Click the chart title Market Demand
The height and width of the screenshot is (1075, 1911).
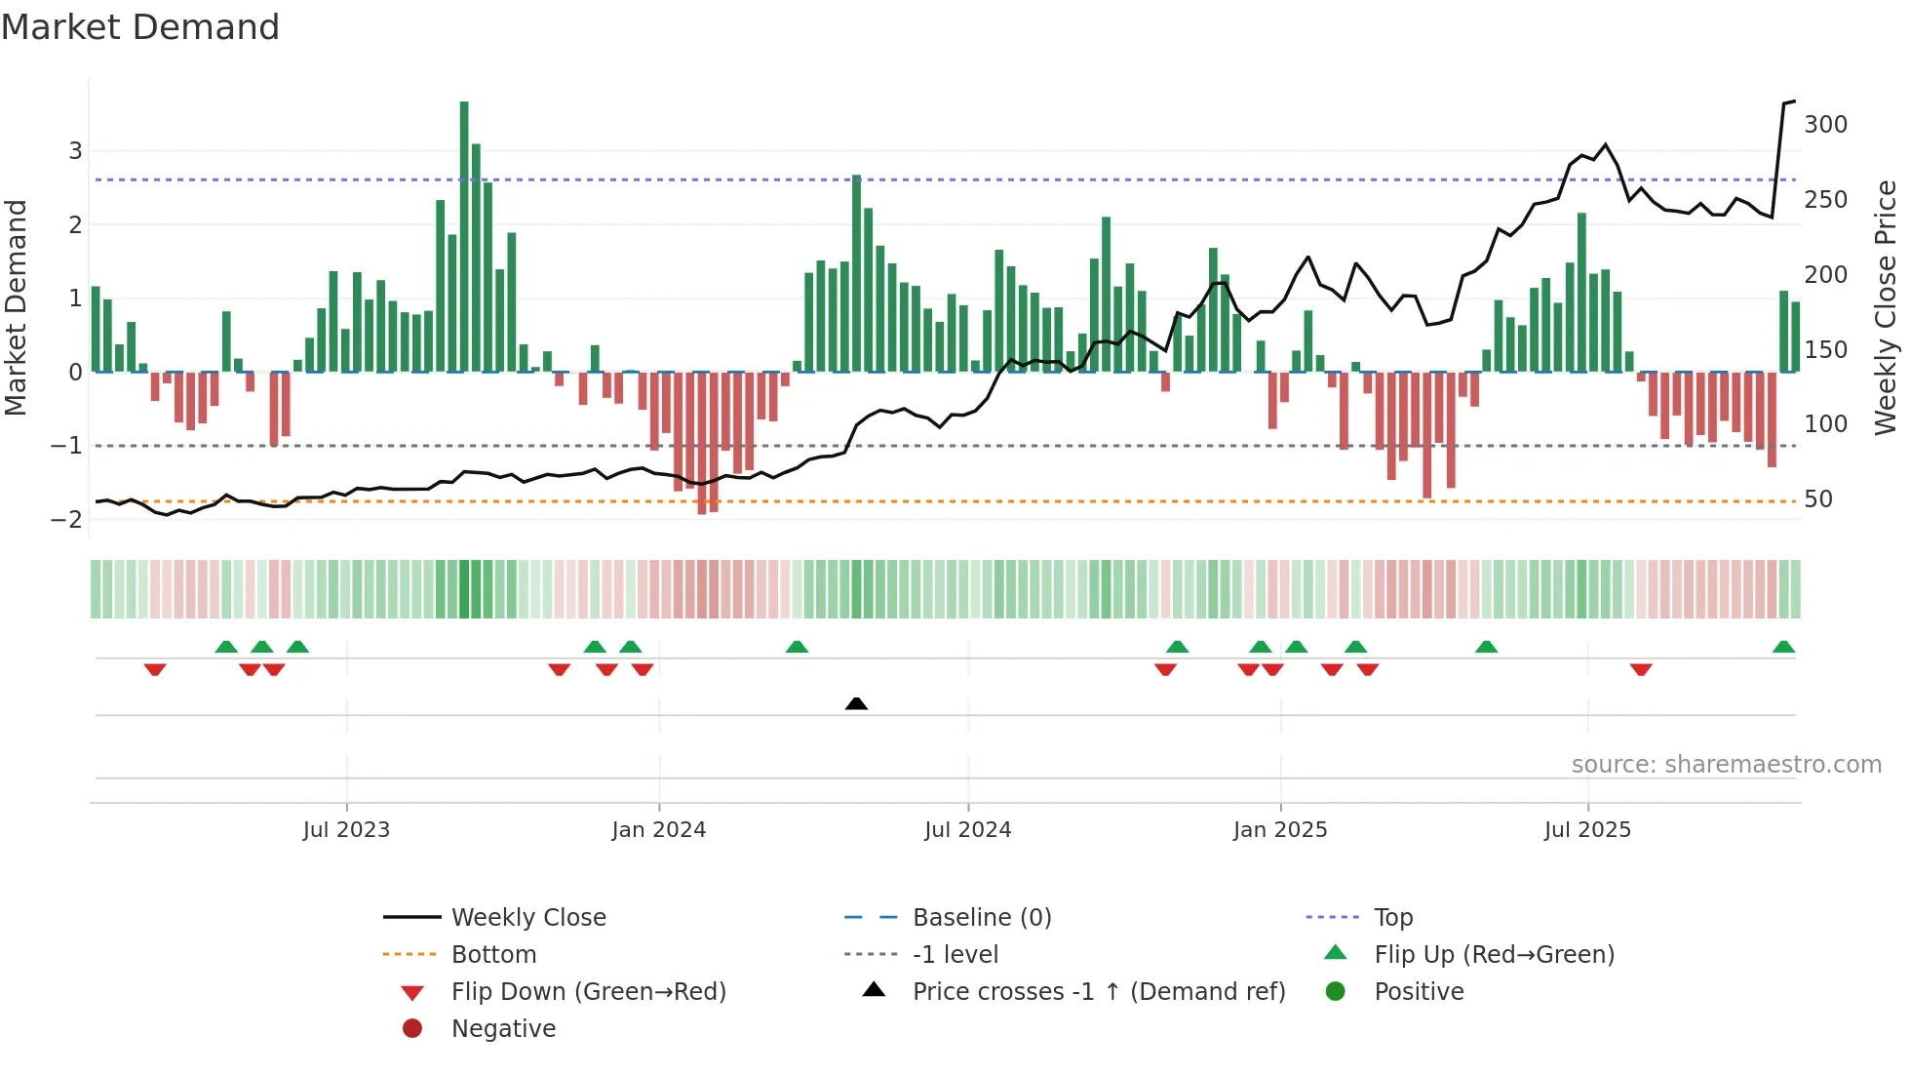tap(140, 27)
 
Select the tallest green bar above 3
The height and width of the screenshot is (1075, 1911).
tap(464, 234)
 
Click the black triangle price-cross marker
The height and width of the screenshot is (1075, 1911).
tap(856, 703)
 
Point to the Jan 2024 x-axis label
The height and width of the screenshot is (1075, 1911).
tap(658, 830)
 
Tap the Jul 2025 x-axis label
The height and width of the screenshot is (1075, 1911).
tap(1587, 830)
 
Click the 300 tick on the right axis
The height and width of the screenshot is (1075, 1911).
tap(1825, 125)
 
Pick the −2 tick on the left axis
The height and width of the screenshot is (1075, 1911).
tap(67, 520)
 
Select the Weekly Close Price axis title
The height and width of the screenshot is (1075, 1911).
tap(1886, 307)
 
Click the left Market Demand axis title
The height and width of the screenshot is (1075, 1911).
tap(16, 307)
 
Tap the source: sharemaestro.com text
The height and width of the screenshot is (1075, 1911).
tap(1726, 765)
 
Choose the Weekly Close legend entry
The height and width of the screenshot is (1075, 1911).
tap(527, 918)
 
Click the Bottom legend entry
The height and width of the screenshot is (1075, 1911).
tap(493, 955)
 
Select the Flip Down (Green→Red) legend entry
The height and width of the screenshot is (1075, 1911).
tap(588, 992)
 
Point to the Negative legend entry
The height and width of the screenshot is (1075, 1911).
tap(503, 1029)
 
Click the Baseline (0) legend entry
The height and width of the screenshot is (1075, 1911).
tap(981, 918)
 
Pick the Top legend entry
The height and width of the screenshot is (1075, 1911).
tap(1392, 918)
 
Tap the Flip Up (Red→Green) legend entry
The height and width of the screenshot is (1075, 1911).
tap(1494, 955)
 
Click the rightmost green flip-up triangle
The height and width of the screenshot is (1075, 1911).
tap(1783, 647)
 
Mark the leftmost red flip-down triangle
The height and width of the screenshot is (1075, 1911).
tap(155, 669)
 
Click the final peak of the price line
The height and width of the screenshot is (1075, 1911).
tap(1793, 101)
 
